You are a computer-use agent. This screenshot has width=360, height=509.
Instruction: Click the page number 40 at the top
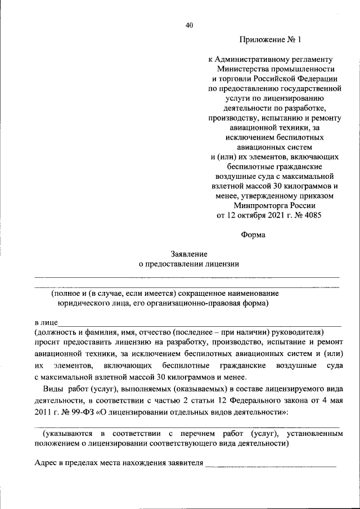[x=189, y=25]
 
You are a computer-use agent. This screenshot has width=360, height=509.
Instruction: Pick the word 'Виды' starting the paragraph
[x=52, y=389]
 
